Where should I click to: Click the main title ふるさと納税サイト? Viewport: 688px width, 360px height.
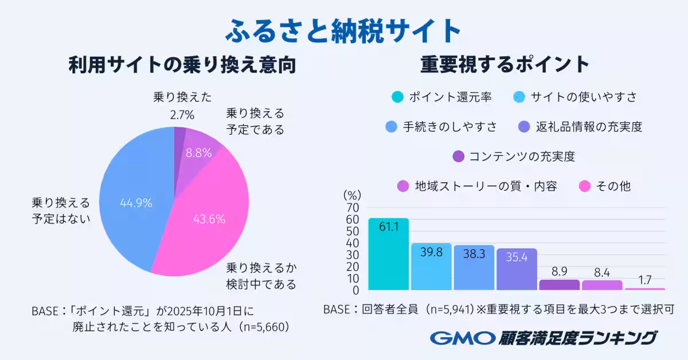(343, 30)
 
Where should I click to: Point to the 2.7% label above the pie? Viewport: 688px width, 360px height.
(182, 115)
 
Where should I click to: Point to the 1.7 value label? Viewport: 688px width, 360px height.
(645, 281)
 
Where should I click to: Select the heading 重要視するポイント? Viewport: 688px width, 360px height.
(505, 65)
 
